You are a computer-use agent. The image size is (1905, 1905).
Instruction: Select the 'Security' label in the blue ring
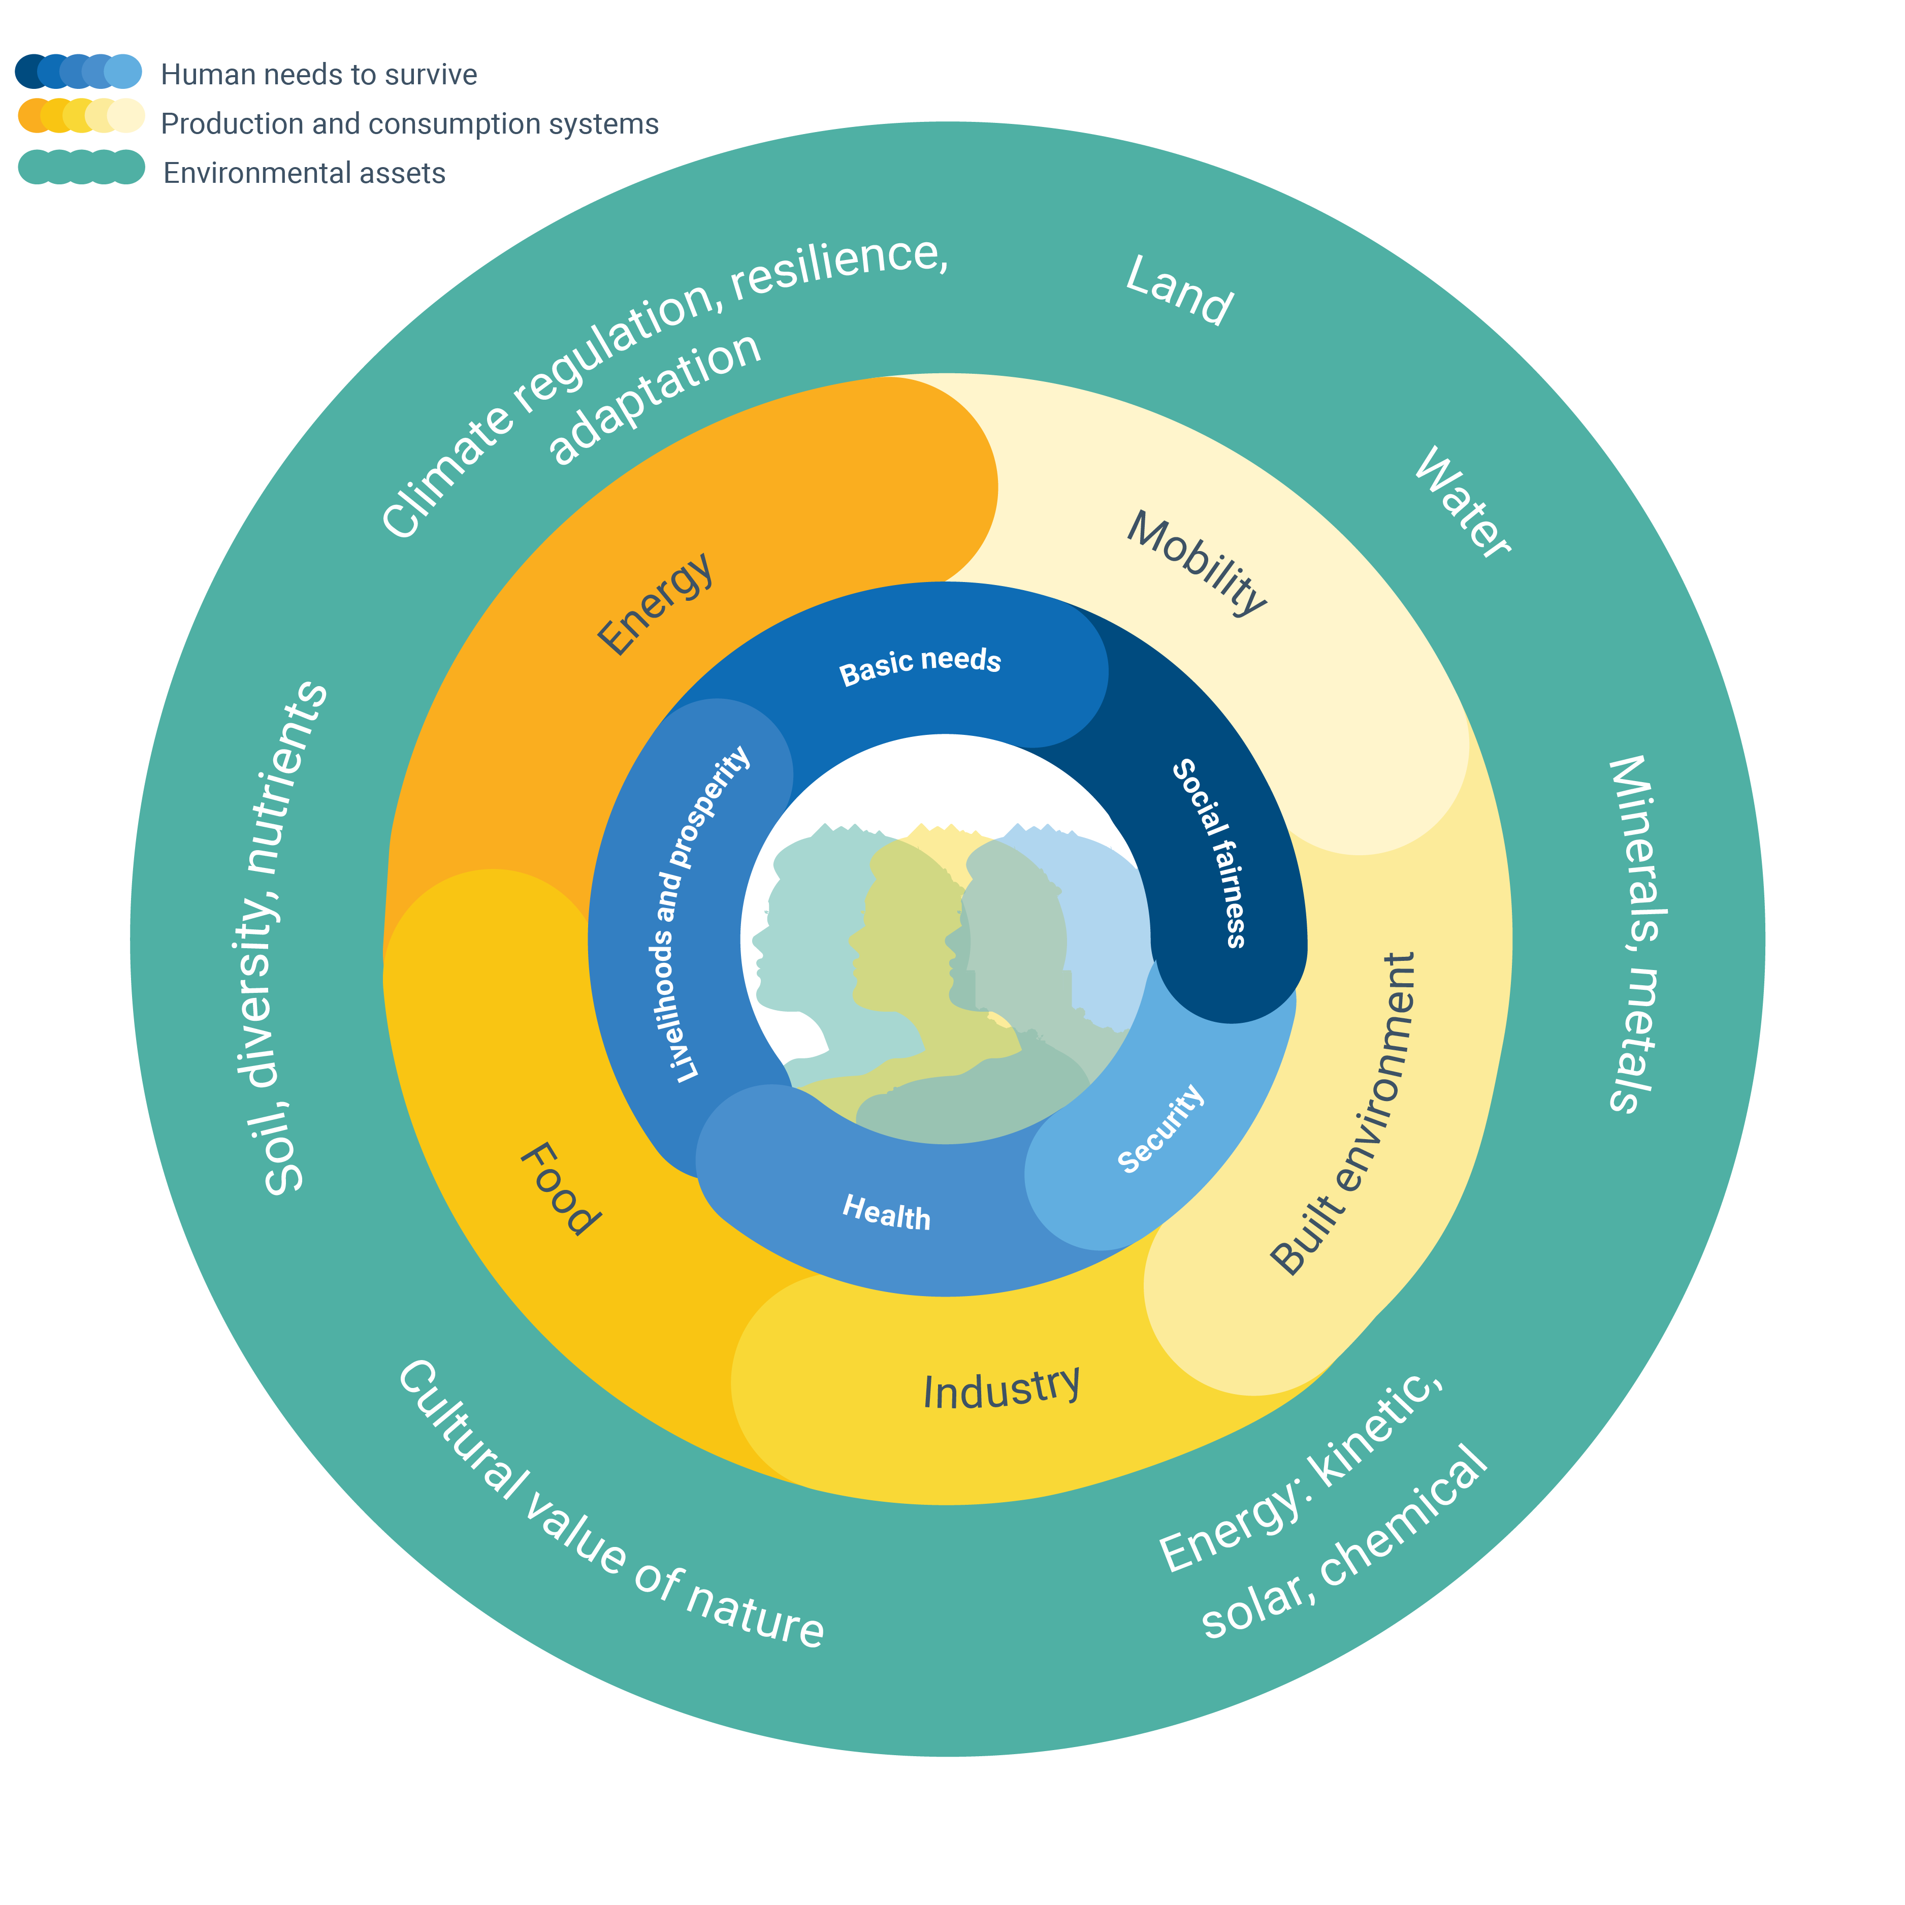tap(1160, 1129)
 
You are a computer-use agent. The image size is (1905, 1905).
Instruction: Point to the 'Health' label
tap(885, 1212)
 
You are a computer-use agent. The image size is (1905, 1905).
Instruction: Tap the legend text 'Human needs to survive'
tap(318, 75)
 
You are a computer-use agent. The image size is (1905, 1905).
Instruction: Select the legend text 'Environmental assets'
tap(304, 174)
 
